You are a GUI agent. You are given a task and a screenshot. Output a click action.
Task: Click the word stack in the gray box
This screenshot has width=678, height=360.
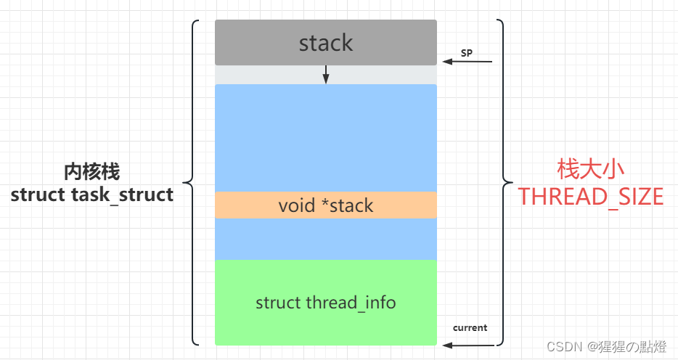(326, 43)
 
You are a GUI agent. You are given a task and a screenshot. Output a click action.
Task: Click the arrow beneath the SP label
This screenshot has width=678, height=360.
(468, 62)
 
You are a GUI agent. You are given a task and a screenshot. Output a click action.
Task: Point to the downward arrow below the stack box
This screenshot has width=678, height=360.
(326, 74)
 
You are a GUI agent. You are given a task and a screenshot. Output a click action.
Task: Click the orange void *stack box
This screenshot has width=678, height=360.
(240, 205)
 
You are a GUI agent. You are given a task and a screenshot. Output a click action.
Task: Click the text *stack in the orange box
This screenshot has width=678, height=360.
(346, 205)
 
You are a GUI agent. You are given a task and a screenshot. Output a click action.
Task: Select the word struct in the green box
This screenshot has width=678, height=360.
(277, 303)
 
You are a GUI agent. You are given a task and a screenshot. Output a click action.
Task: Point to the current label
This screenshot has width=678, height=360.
(470, 327)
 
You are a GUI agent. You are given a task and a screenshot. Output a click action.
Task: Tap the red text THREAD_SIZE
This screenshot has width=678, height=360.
(590, 196)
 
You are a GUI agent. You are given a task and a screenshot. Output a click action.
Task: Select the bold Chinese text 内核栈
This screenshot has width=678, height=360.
(91, 172)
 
